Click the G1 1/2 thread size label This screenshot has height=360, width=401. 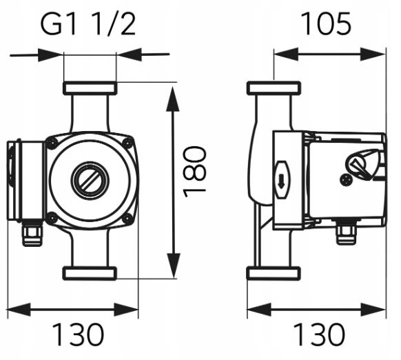click(88, 24)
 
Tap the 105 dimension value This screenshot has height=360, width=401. click(326, 24)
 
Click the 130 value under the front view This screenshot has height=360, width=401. click(79, 334)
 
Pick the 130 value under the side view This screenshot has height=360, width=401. click(319, 334)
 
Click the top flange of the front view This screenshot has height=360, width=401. click(90, 88)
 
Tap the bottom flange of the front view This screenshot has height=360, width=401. click(90, 274)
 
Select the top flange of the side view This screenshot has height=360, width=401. click(274, 88)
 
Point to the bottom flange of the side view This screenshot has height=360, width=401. click(274, 274)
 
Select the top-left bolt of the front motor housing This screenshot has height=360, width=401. click(52, 142)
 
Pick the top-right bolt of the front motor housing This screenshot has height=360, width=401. click(127, 142)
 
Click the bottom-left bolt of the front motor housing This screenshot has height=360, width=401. click(52, 219)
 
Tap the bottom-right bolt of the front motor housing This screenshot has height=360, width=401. click(127, 219)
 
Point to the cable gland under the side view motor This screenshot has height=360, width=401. click(347, 234)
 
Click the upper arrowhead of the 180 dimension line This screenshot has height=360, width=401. click(173, 99)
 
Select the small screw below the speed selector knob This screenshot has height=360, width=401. click(346, 180)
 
